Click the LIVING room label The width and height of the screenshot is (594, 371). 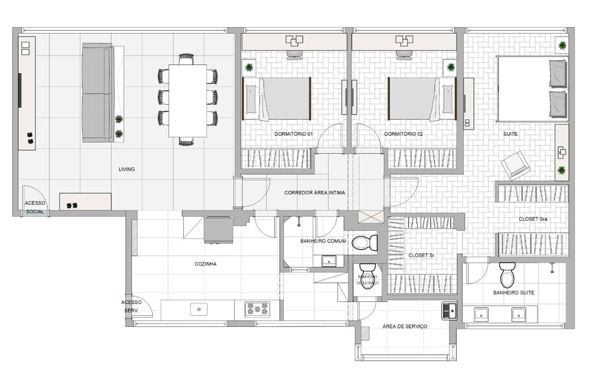pyautogui.click(x=126, y=169)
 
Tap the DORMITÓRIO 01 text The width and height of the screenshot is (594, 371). pyautogui.click(x=293, y=134)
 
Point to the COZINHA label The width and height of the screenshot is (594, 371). pyautogui.click(x=205, y=264)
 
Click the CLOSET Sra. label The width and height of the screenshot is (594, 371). pyautogui.click(x=533, y=219)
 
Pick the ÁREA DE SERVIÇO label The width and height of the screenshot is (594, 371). pyautogui.click(x=405, y=326)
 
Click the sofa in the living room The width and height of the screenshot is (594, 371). pyautogui.click(x=97, y=93)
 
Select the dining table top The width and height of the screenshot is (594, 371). pyautogui.click(x=187, y=100)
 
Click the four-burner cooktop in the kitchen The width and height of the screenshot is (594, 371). pyautogui.click(x=257, y=310)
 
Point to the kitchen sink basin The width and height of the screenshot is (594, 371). pyautogui.click(x=199, y=310)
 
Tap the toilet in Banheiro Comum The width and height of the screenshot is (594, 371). pyautogui.click(x=365, y=243)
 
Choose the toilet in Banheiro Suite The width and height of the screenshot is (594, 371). pyautogui.click(x=507, y=275)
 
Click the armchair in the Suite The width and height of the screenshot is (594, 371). pyautogui.click(x=515, y=165)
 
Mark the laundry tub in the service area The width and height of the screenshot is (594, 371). pyautogui.click(x=449, y=311)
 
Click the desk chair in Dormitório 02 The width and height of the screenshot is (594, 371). pyautogui.click(x=404, y=54)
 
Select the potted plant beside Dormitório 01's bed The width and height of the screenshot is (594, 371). pyautogui.click(x=249, y=67)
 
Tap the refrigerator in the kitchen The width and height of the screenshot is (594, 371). pyautogui.click(x=218, y=230)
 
